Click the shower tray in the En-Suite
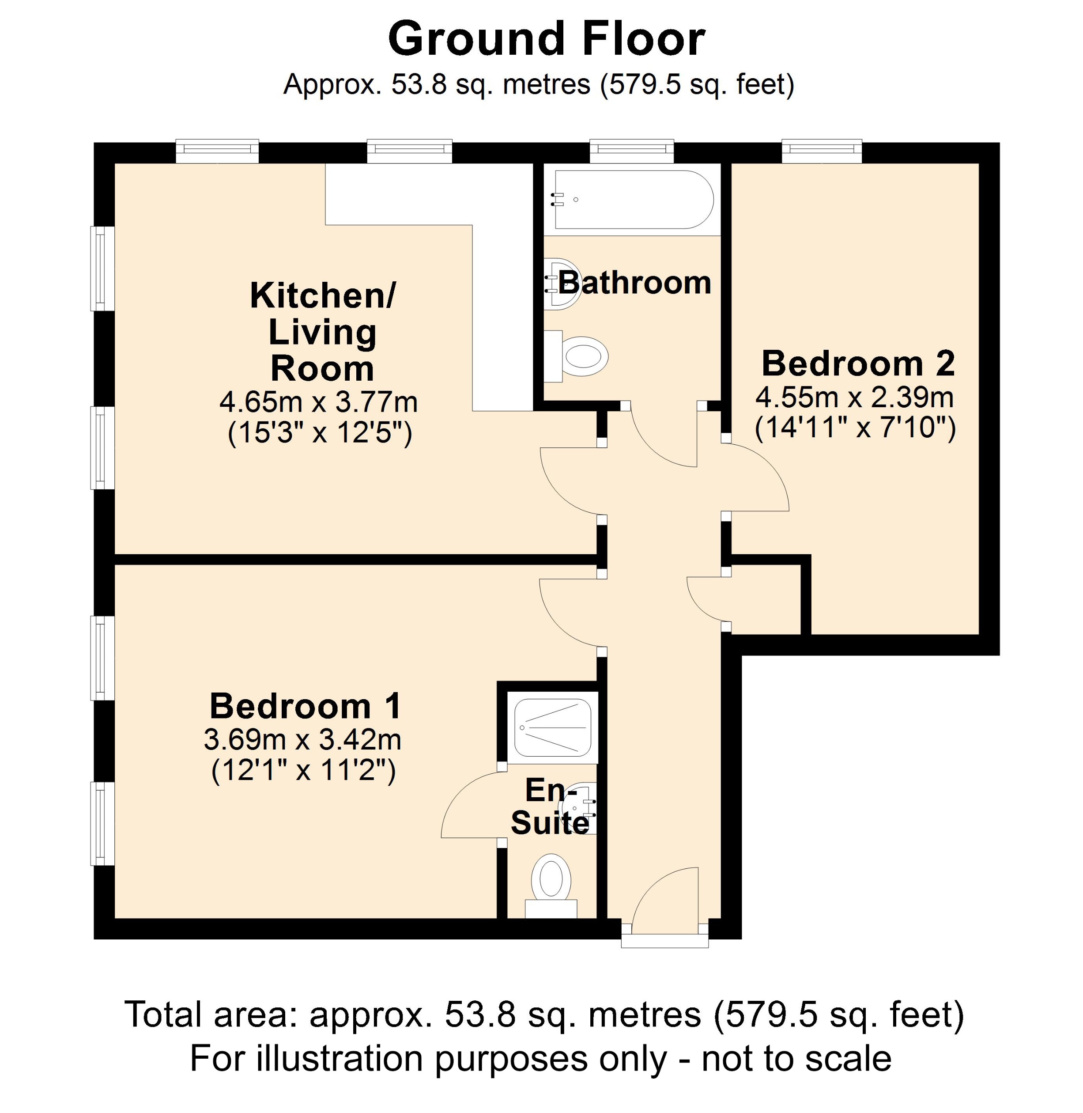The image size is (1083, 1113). click(552, 728)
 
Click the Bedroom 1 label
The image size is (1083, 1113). click(306, 706)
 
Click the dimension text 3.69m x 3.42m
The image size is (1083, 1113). click(302, 740)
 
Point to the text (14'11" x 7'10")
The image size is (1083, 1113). click(855, 427)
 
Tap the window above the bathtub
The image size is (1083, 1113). click(631, 150)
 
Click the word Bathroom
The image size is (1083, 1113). click(634, 283)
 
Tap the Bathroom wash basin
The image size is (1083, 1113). click(563, 284)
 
